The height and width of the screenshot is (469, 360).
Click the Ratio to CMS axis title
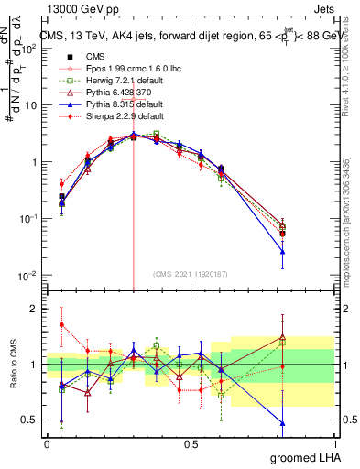coord(13,363)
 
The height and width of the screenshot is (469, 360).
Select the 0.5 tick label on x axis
coord(191,442)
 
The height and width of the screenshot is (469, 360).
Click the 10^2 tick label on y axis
coord(29,49)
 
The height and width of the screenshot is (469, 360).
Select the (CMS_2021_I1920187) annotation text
coord(191,274)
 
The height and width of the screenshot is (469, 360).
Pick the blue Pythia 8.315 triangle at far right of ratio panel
coord(282,423)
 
